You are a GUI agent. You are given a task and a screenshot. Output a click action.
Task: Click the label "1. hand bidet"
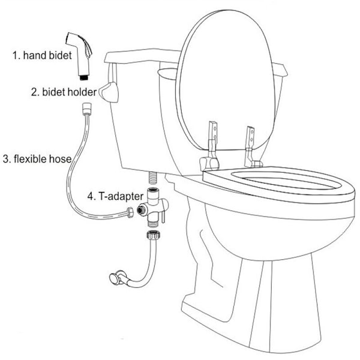(x=42, y=56)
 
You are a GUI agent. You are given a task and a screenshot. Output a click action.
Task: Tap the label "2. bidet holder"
(x=64, y=92)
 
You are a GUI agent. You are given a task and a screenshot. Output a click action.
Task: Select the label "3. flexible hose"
(x=37, y=159)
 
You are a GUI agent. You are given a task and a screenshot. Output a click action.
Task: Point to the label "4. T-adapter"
(x=115, y=196)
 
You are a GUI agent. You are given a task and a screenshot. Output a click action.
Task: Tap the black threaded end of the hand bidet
(x=84, y=77)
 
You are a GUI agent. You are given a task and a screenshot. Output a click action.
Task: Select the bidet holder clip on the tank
(x=109, y=92)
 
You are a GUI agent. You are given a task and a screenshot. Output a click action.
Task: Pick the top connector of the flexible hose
(x=87, y=109)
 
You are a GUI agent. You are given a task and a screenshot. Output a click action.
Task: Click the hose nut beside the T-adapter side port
(x=130, y=212)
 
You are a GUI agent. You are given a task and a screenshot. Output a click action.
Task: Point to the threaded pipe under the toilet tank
(x=152, y=178)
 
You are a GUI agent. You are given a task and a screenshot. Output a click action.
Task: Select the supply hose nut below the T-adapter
(x=153, y=235)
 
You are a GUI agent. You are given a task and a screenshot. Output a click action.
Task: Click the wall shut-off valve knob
(x=114, y=279)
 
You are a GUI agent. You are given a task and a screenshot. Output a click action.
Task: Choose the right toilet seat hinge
(x=251, y=147)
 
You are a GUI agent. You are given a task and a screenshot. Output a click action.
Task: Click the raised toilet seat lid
(x=226, y=80)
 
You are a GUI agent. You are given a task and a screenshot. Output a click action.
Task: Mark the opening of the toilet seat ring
(x=287, y=179)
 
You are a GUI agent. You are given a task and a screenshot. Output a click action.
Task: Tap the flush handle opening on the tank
(x=167, y=73)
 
